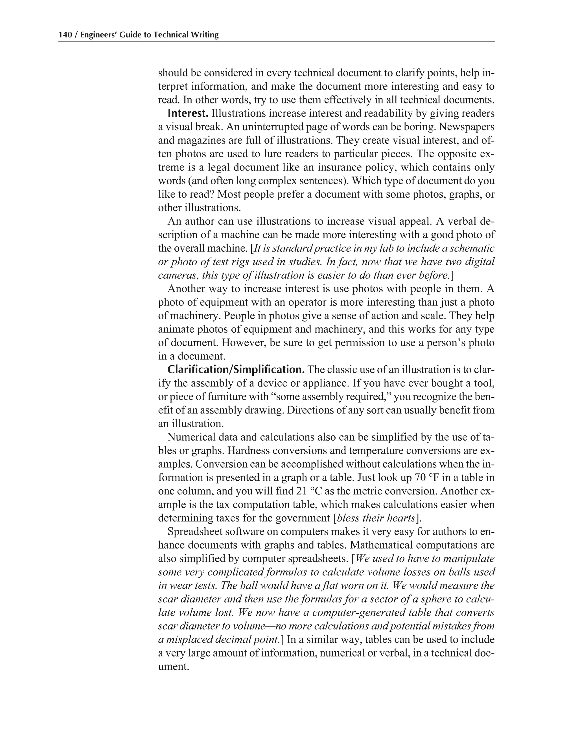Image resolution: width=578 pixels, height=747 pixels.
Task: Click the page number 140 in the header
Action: [x=65, y=35]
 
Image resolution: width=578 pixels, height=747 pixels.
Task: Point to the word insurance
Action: [x=346, y=167]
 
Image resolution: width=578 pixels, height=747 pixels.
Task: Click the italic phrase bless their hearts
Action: [x=376, y=518]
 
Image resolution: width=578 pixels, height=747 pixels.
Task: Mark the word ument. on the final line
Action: [x=174, y=666]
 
